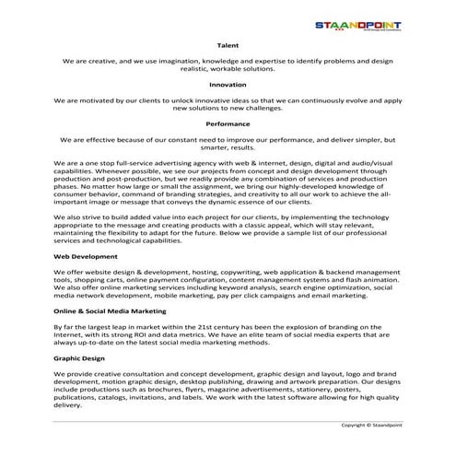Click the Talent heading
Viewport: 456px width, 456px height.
click(228, 44)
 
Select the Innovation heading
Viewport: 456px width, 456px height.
click(228, 84)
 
